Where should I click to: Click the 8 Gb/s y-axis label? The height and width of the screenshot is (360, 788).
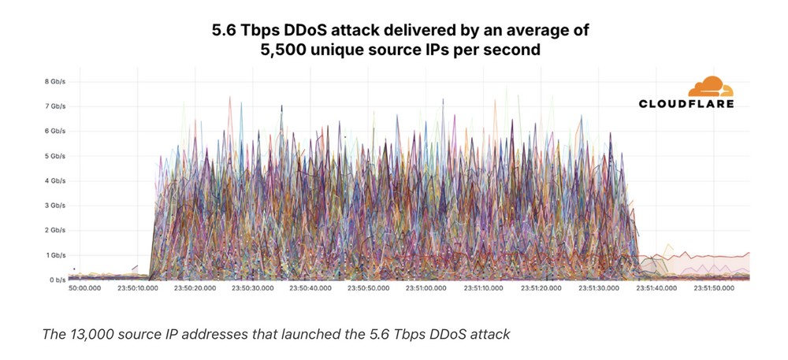tap(55, 82)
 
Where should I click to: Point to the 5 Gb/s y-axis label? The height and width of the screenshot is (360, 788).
tap(55, 156)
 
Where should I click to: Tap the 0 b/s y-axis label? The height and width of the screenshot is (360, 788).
tap(56, 280)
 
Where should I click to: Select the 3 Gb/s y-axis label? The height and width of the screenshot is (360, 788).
tap(55, 206)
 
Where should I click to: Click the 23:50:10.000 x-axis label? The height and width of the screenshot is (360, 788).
tap(139, 289)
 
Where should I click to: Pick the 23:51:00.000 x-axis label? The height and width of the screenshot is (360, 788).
tap(426, 289)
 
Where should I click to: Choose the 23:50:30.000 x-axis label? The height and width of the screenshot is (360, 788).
tap(253, 289)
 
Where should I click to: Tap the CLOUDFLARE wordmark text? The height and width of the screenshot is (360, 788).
tap(686, 103)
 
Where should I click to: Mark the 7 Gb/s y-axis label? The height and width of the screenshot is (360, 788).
tap(55, 106)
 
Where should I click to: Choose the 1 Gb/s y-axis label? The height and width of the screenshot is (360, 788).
tap(55, 255)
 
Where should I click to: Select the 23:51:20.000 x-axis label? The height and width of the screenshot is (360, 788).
tap(541, 289)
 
